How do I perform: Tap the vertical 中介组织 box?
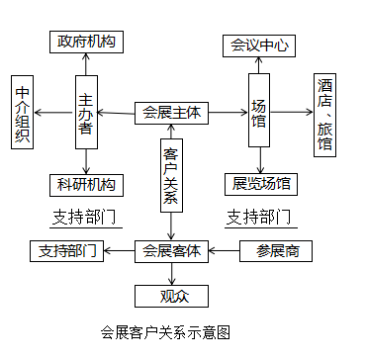tap(23, 113)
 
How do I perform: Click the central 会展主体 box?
tap(171, 113)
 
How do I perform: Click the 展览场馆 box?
tap(261, 183)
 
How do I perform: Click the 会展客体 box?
tap(171, 251)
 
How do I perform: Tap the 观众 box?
tap(172, 294)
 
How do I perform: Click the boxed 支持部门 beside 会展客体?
tap(67, 251)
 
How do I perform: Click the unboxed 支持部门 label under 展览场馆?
tap(259, 217)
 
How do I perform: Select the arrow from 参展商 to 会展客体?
tap(224, 251)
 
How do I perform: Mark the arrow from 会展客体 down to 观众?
tap(172, 272)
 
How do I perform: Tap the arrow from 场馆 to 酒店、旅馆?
tap(294, 113)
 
